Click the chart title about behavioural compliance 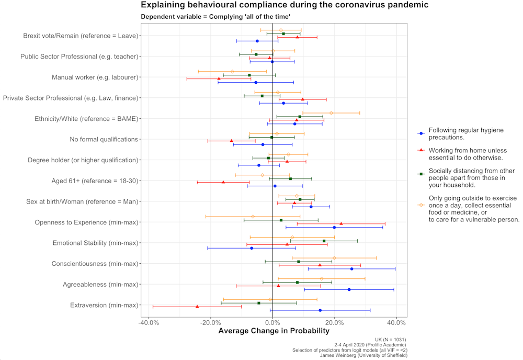pyautogui.click(x=285, y=5)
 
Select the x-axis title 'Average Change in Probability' pyautogui.click(x=274, y=331)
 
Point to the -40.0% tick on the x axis pyautogui.click(x=149, y=321)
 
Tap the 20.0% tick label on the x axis pyautogui.click(x=335, y=321)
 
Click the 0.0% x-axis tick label pyautogui.click(x=273, y=321)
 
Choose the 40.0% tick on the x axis pyautogui.click(x=396, y=321)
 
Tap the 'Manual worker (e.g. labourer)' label pyautogui.click(x=95, y=77)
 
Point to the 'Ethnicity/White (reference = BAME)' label pyautogui.click(x=86, y=119)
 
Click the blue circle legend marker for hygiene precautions pyautogui.click(x=420, y=133)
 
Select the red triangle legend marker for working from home pyautogui.click(x=420, y=150)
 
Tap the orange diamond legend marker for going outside pyautogui.click(x=420, y=205)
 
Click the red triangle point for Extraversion pyautogui.click(x=197, y=306)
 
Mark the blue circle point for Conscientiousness pyautogui.click(x=351, y=269)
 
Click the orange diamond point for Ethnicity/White pyautogui.click(x=331, y=113)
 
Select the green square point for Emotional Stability pyautogui.click(x=324, y=241)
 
